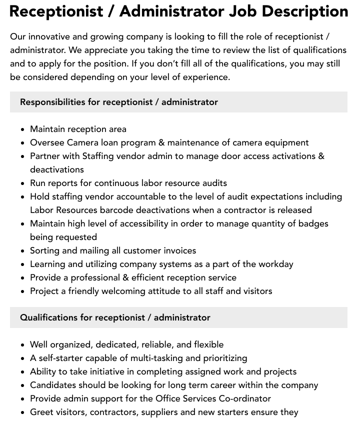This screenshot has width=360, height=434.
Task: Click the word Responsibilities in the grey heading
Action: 52,102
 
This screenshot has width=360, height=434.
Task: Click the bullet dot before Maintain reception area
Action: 23,129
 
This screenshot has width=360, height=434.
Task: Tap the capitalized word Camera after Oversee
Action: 83,142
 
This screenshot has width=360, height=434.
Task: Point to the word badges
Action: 313,223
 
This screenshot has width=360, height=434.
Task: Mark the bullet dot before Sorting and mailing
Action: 23,251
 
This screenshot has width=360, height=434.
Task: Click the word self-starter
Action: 59,358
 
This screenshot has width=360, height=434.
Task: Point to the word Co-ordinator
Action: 245,398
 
